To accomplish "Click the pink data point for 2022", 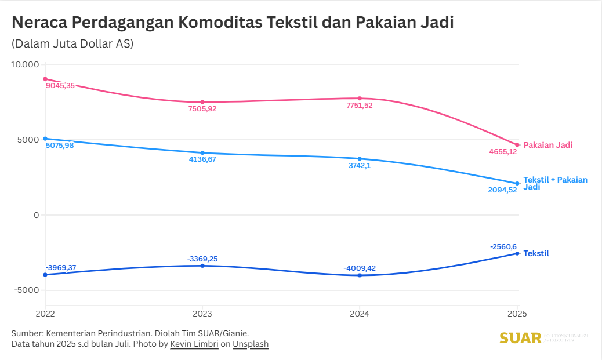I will (x=45, y=79).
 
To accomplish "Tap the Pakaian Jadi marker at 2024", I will (x=360, y=99).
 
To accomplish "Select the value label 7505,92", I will (x=202, y=108).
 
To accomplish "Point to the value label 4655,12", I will (x=502, y=152).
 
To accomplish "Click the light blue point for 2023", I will (x=202, y=153).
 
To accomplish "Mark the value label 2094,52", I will (x=502, y=190).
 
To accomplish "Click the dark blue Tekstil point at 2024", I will (x=360, y=275).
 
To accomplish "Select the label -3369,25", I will (x=202, y=259).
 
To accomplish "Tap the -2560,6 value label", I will (x=503, y=247).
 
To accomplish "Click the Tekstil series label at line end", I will (x=536, y=253).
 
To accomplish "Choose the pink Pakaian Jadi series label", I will (x=547, y=145).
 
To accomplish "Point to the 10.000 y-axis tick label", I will (x=25, y=64).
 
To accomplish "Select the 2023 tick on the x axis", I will (x=202, y=314).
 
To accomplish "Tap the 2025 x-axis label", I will (x=517, y=314).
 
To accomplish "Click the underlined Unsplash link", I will (x=251, y=344).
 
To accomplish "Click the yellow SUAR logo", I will (x=520, y=338).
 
